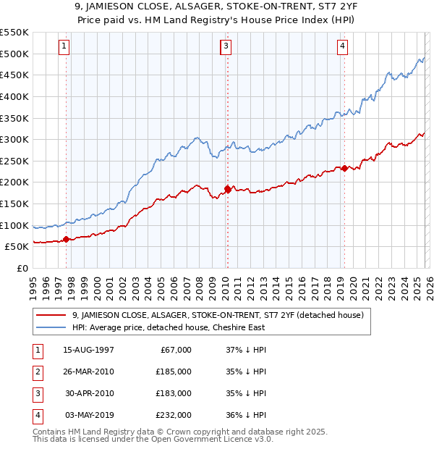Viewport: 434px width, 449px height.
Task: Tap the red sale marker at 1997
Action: click(x=66, y=239)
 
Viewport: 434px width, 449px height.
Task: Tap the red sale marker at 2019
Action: click(x=344, y=168)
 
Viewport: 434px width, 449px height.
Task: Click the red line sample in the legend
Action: click(x=51, y=315)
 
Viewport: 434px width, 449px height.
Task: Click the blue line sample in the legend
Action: click(x=51, y=327)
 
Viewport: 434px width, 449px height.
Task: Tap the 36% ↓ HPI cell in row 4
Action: click(x=246, y=415)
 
